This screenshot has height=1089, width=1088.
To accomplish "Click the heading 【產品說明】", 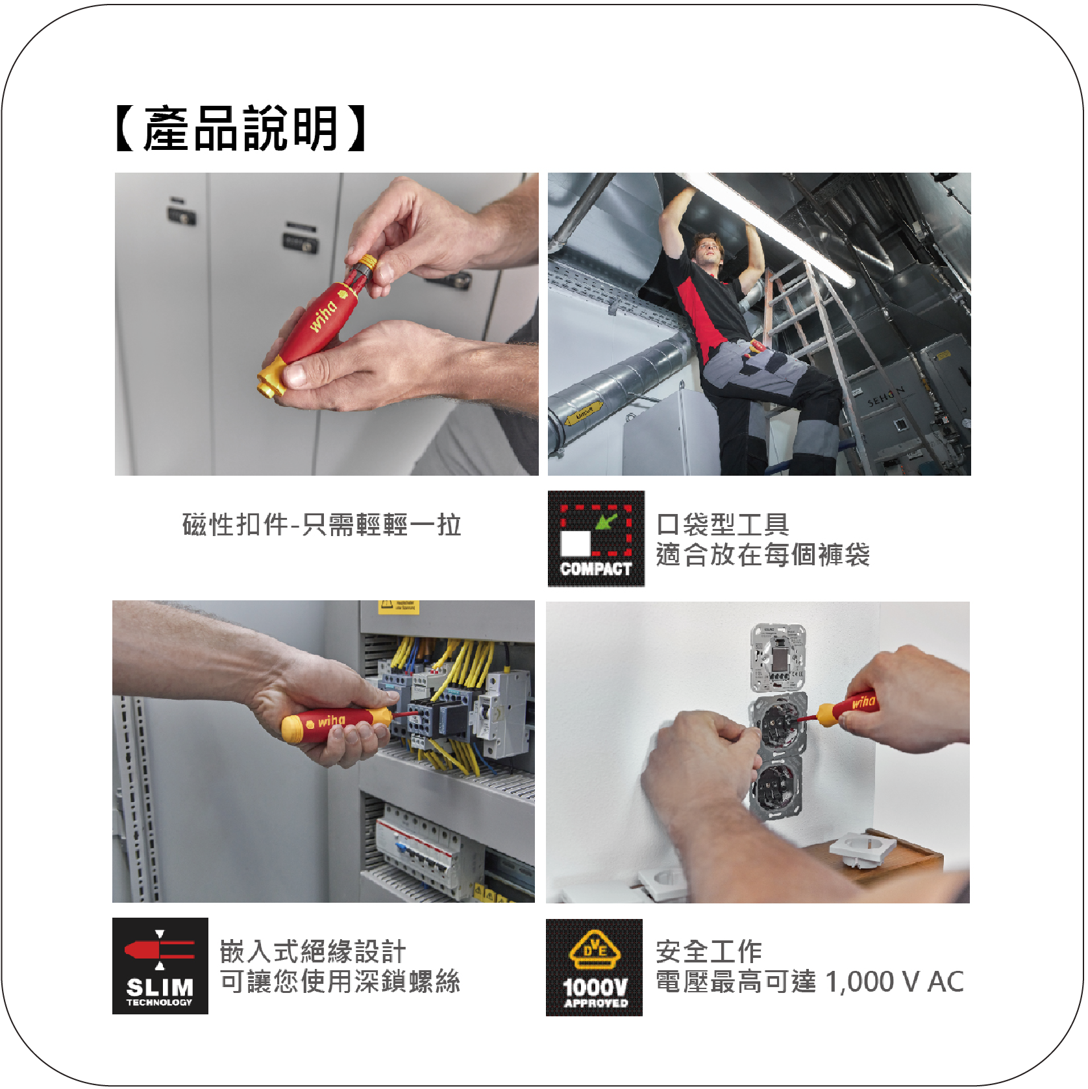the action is (240, 128).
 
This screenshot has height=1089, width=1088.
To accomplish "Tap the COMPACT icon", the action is (596, 539).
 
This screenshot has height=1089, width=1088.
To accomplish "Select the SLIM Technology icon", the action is (160, 966).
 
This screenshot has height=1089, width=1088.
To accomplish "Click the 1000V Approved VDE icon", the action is (594, 967).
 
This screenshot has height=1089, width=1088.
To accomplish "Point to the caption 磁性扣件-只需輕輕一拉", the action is (322, 525).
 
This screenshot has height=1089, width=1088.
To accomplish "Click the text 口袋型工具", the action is (723, 524).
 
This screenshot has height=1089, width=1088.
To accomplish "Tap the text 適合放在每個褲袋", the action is (763, 555).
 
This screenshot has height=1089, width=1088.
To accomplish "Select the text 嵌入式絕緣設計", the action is (313, 951).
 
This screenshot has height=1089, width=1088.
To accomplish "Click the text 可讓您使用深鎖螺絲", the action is (340, 981).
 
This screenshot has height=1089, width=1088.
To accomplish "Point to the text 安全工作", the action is (709, 951).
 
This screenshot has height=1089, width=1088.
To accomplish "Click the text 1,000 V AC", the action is (895, 981).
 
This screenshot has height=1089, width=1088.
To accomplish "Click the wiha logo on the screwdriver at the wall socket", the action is (863, 702).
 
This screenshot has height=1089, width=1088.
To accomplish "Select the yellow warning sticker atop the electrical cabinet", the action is (399, 607).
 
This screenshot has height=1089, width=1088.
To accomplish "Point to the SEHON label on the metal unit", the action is (886, 396).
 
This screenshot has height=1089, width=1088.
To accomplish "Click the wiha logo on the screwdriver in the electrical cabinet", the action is (330, 721).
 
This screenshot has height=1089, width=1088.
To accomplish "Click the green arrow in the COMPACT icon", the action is (606, 521).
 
